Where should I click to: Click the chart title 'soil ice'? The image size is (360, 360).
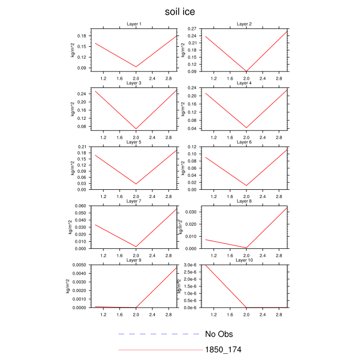tap(180, 11)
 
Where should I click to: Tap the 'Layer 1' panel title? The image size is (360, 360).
tap(134, 24)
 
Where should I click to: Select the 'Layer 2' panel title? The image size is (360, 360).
tap(244, 24)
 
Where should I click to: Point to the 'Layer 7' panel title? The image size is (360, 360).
tap(134, 201)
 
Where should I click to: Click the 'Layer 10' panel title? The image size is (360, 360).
tap(244, 260)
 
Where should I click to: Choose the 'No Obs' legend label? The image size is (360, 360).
tap(222, 334)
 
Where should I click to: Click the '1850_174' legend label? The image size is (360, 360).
tap(223, 350)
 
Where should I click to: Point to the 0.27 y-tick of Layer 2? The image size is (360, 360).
tap(192, 28)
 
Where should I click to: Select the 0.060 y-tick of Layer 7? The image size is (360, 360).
tap(80, 206)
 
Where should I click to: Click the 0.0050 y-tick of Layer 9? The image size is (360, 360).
tap(79, 265)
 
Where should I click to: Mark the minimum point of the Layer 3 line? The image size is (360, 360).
tap(136, 129)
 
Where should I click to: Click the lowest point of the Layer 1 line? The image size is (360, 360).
tap(136, 67)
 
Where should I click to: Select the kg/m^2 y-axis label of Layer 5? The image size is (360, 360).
tap(73, 168)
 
